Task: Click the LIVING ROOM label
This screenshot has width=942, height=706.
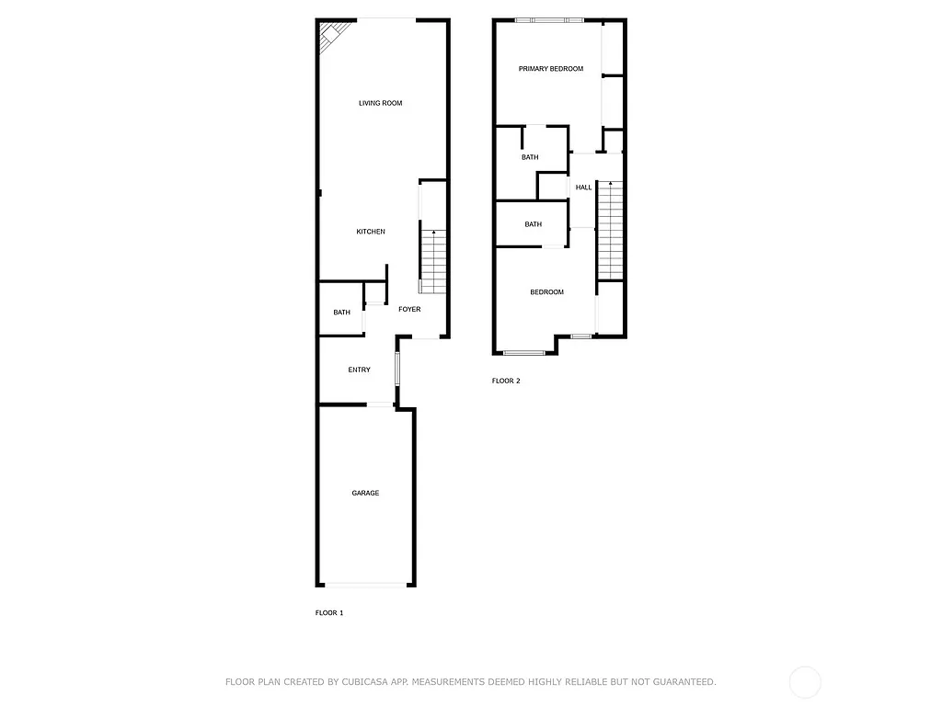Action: coord(380,103)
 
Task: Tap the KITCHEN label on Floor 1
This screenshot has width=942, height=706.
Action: coord(371,232)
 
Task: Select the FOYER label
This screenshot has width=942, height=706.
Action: coord(409,309)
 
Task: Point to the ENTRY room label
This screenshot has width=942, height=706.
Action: coord(359,370)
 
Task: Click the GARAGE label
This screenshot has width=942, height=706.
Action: coord(365,494)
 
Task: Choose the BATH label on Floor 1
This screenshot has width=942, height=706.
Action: coord(341,313)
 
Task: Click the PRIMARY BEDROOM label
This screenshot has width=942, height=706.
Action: coord(550,69)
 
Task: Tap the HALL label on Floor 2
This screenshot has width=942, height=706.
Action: coord(583,188)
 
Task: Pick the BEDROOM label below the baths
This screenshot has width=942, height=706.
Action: coord(546,292)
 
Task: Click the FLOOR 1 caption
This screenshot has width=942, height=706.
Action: coord(329,612)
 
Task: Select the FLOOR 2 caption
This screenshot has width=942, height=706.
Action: coord(506,381)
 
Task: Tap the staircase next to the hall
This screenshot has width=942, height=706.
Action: coord(610,230)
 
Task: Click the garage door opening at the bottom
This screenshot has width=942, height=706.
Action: coord(366,584)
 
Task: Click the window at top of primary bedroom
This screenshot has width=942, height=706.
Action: coord(549,20)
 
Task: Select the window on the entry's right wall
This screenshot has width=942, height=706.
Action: coord(397,369)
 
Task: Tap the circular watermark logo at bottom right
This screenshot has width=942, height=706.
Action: coord(805,682)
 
